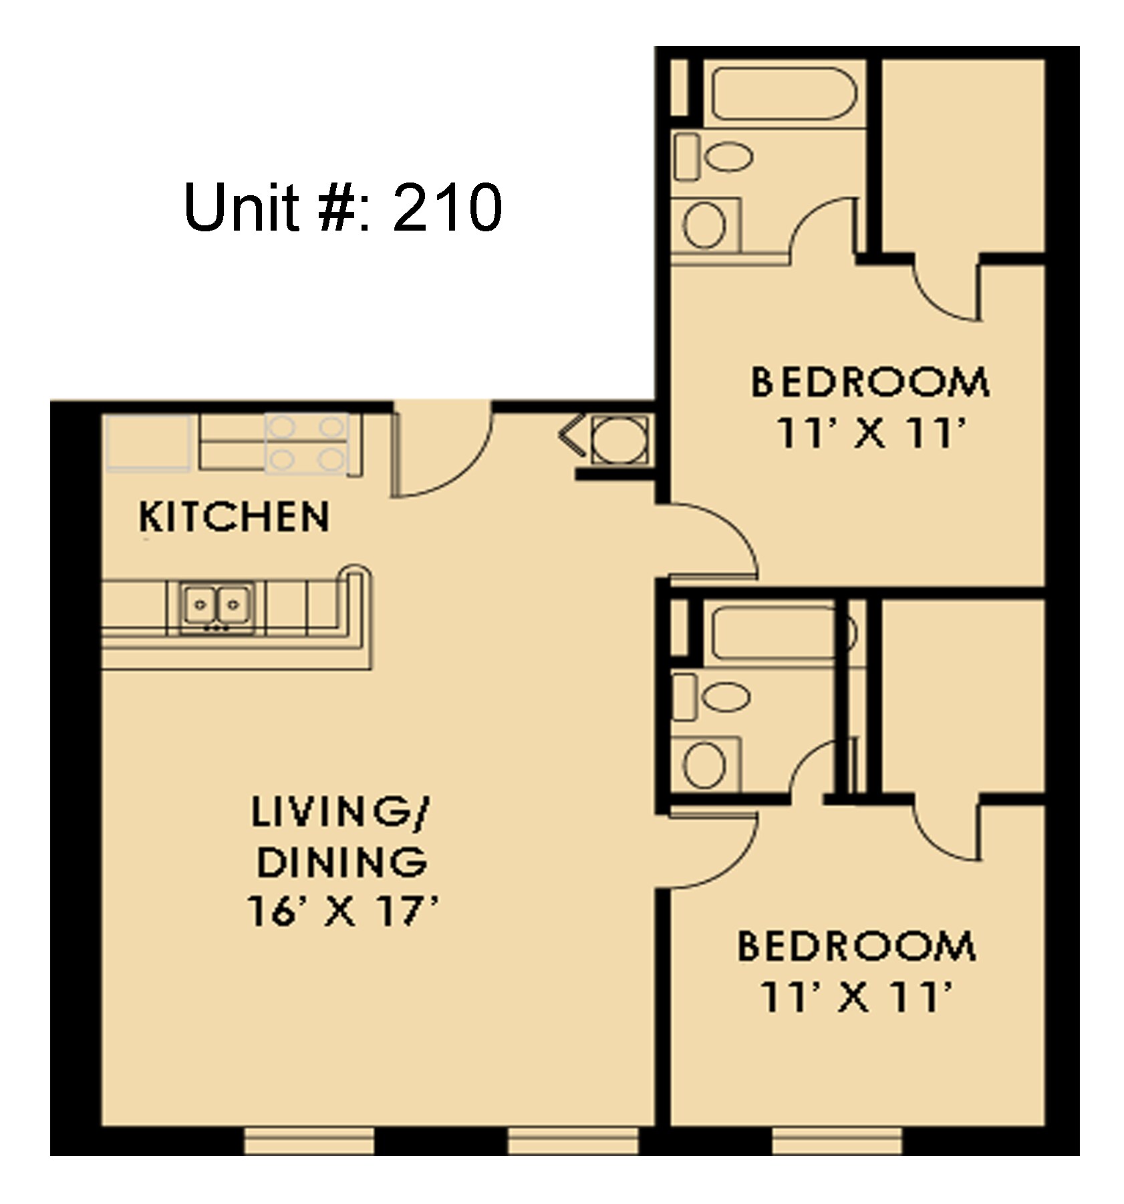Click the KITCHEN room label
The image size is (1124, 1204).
pyautogui.click(x=234, y=517)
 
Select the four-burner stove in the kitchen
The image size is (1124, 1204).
pyautogui.click(x=306, y=444)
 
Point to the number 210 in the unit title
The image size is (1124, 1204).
pyautogui.click(x=446, y=207)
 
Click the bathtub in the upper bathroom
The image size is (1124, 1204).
pyautogui.click(x=783, y=94)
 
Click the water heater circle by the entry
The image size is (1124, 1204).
pyautogui.click(x=619, y=440)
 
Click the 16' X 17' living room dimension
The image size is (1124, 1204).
pyautogui.click(x=342, y=911)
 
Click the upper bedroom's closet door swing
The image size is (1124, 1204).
pyautogui.click(x=946, y=291)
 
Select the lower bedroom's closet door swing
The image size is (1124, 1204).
pyautogui.click(x=946, y=830)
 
